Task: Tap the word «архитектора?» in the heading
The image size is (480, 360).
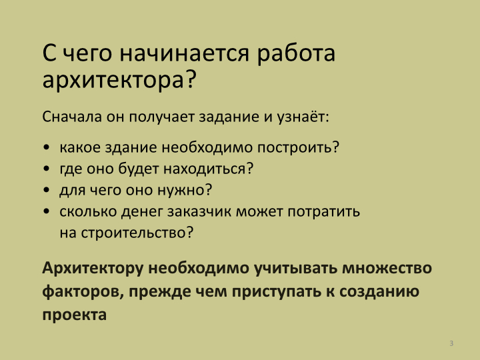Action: pyautogui.click(x=119, y=79)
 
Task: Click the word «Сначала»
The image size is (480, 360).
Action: pyautogui.click(x=72, y=117)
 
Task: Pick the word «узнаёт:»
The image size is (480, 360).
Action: pyautogui.click(x=303, y=117)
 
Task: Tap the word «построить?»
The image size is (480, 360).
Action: pyautogui.click(x=298, y=147)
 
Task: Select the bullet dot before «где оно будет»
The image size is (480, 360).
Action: pyautogui.click(x=47, y=169)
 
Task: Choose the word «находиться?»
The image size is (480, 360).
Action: pyautogui.click(x=209, y=169)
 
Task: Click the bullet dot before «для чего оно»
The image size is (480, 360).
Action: pyautogui.click(x=47, y=190)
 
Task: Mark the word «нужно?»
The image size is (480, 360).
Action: pyautogui.click(x=185, y=191)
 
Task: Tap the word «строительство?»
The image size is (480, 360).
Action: pyautogui.click(x=137, y=233)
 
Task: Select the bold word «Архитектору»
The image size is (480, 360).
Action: pyautogui.click(x=93, y=269)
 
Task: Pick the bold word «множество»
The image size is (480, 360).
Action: pyautogui.click(x=387, y=268)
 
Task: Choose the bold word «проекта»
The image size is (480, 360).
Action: pyautogui.click(x=75, y=315)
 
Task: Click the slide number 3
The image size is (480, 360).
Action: pyautogui.click(x=451, y=343)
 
